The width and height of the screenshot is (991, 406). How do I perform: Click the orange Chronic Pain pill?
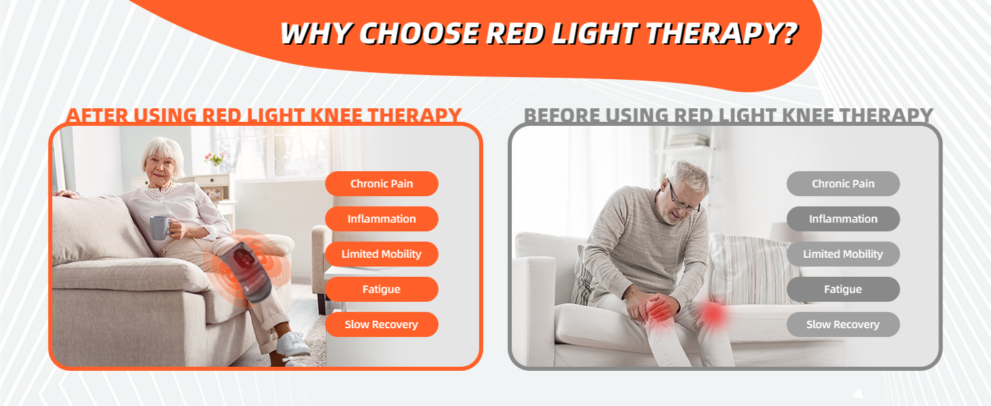pyautogui.click(x=381, y=184)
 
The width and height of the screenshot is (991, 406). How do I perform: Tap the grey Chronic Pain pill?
pyautogui.click(x=843, y=184)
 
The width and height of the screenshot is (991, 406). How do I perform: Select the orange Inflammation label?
pyautogui.click(x=381, y=219)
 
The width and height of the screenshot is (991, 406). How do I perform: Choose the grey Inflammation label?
pyautogui.click(x=843, y=219)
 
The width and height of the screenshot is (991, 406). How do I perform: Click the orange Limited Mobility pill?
pyautogui.click(x=381, y=254)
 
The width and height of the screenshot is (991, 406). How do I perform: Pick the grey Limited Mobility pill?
pyautogui.click(x=843, y=254)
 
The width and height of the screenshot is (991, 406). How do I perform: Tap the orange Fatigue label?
pyautogui.click(x=381, y=290)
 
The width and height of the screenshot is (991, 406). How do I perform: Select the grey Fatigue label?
pyautogui.click(x=843, y=290)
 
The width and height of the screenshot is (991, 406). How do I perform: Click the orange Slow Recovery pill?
pyautogui.click(x=381, y=325)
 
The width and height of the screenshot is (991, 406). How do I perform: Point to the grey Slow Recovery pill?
pyautogui.click(x=843, y=325)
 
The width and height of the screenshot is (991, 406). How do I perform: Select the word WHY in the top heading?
pyautogui.click(x=315, y=34)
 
